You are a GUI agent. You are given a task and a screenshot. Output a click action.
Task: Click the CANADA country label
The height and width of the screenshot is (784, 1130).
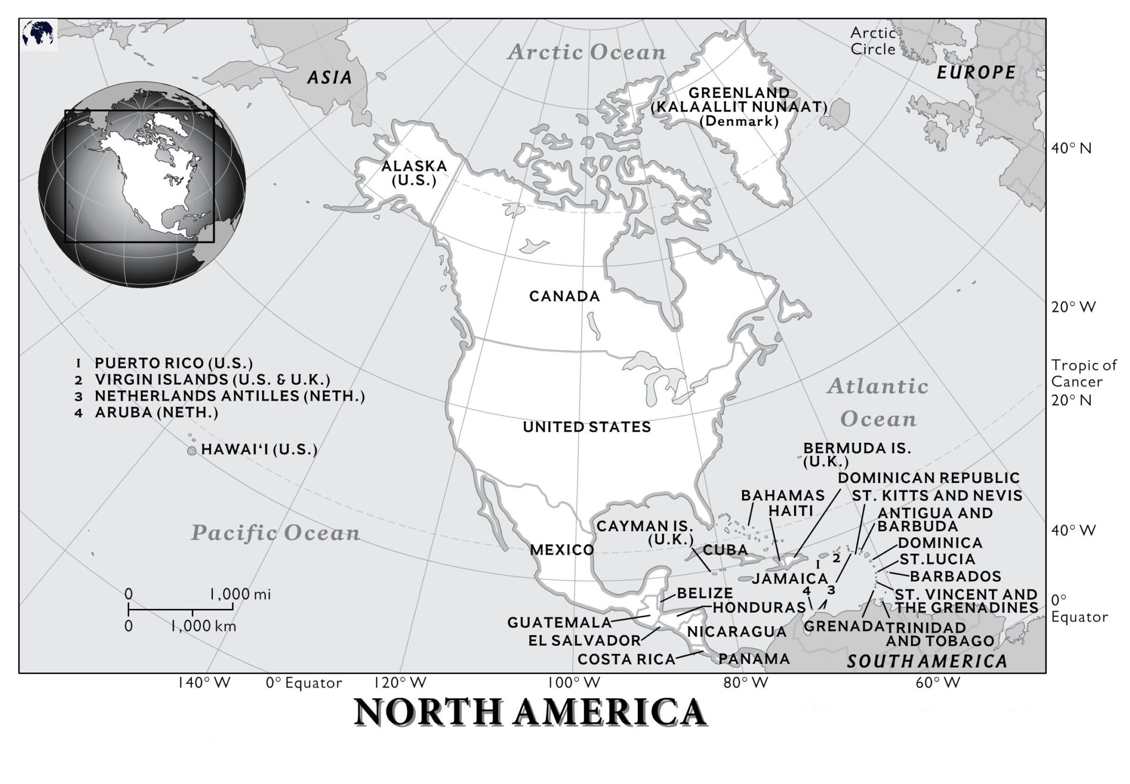pos(564,296)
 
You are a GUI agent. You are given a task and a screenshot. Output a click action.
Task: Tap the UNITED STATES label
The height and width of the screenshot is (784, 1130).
pos(587,427)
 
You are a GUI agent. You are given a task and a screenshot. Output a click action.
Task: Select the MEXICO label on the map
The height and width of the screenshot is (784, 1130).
pos(562,550)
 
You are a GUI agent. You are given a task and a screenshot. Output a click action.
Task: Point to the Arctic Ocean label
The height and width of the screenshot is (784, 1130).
pos(587,52)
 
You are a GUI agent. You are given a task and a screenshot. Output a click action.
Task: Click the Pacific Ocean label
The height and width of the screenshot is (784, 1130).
pos(275,533)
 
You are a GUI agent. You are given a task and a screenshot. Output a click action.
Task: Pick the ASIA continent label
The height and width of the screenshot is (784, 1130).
pos(329,77)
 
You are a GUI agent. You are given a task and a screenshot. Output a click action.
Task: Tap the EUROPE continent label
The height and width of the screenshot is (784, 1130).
pos(976,72)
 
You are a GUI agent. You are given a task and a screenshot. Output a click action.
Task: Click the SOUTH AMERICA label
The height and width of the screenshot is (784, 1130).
pos(927,661)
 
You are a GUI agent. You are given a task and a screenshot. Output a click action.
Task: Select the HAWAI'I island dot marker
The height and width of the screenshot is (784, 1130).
pos(191,451)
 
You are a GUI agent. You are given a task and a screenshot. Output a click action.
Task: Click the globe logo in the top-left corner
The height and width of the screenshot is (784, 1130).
pos(39,34)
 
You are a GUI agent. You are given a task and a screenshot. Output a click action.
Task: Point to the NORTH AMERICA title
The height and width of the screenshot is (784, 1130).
pos(530,712)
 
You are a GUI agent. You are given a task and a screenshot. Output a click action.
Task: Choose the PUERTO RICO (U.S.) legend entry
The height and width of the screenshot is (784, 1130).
pos(173,363)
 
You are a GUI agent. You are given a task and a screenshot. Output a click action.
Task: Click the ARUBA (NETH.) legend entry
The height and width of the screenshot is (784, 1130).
pos(156,412)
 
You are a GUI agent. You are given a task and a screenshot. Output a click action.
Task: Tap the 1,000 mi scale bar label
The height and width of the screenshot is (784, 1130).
pos(239,595)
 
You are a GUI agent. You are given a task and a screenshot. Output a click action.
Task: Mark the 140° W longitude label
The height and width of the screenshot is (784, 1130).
pos(204,683)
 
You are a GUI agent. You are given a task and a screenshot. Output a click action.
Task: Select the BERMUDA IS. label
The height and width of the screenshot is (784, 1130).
pos(856,448)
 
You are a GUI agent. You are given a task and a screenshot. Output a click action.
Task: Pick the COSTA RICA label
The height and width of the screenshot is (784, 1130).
pos(626,659)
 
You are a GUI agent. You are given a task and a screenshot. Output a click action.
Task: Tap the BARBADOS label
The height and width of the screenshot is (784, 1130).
pos(955,576)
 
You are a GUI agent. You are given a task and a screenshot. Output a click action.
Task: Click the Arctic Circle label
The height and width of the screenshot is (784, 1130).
pos(872,41)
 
